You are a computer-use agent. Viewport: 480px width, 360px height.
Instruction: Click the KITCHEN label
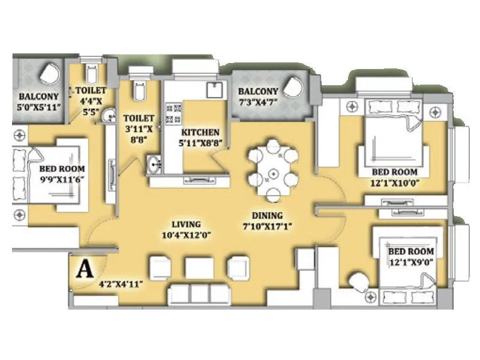200,132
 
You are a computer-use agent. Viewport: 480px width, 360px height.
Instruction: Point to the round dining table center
272,173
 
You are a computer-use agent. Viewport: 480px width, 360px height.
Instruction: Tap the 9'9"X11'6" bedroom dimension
61,179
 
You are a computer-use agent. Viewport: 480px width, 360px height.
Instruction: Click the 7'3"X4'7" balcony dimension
258,103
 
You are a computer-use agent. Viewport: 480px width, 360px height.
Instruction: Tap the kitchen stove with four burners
174,113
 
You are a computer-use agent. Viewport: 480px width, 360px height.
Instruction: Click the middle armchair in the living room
196,268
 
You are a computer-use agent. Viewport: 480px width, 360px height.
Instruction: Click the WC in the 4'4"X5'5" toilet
91,74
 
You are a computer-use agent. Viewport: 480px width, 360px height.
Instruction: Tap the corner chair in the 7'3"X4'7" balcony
294,87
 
